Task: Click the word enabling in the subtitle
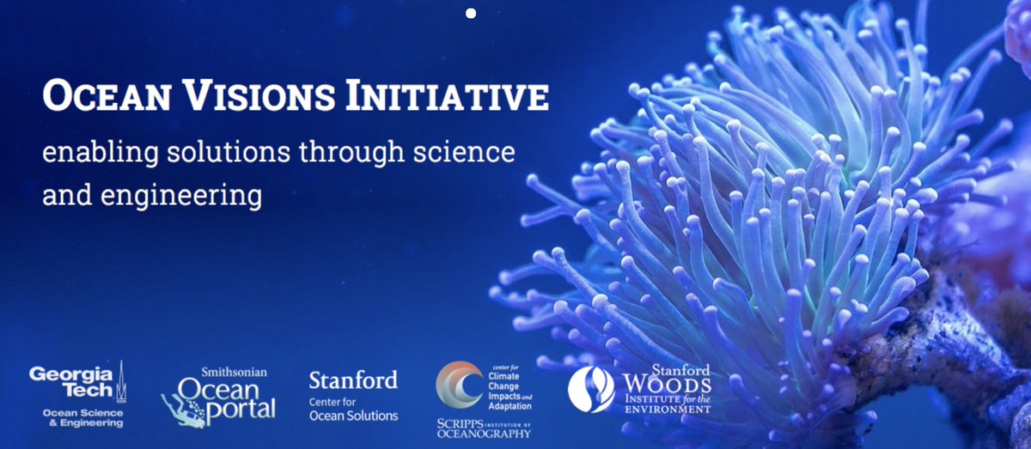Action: click(88, 155)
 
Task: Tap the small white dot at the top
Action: click(470, 13)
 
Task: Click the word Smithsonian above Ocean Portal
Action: click(234, 372)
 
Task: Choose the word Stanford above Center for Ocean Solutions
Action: click(353, 379)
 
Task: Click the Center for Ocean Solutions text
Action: click(353, 409)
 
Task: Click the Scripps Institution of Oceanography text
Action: click(483, 428)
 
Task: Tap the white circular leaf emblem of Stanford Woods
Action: click(591, 390)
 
